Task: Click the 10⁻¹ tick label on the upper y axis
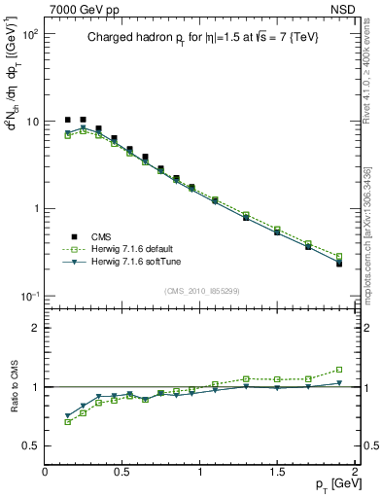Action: pos(30,296)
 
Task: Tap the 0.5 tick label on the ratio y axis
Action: pos(31,445)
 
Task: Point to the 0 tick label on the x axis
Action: pos(46,472)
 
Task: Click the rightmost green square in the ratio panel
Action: pos(339,370)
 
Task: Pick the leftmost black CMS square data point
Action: pos(67,120)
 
